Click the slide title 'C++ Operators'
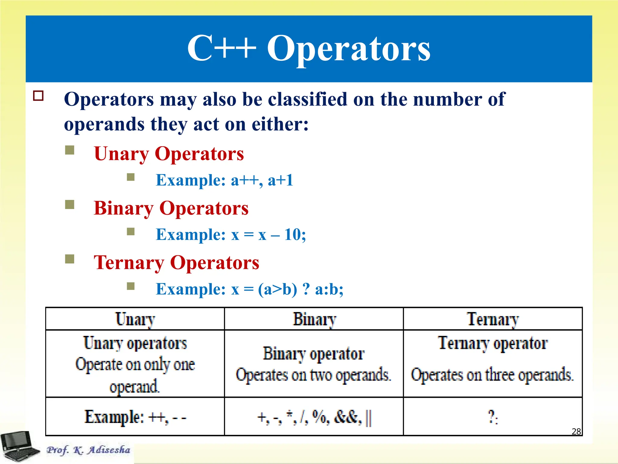pos(309,48)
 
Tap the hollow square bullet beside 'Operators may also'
pos(38,96)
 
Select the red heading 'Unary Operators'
pos(169,154)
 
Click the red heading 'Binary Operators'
pos(171,208)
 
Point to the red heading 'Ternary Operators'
pos(177,263)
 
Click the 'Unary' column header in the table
pos(135,319)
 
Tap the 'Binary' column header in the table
pos(314,319)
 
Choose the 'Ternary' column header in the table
pos(493,319)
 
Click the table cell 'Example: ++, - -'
pos(135,417)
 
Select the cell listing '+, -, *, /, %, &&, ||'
pos(314,417)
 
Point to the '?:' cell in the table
pos(493,417)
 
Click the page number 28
pos(576,431)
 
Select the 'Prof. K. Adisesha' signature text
pos(88,450)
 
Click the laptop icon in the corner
pos(19,446)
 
